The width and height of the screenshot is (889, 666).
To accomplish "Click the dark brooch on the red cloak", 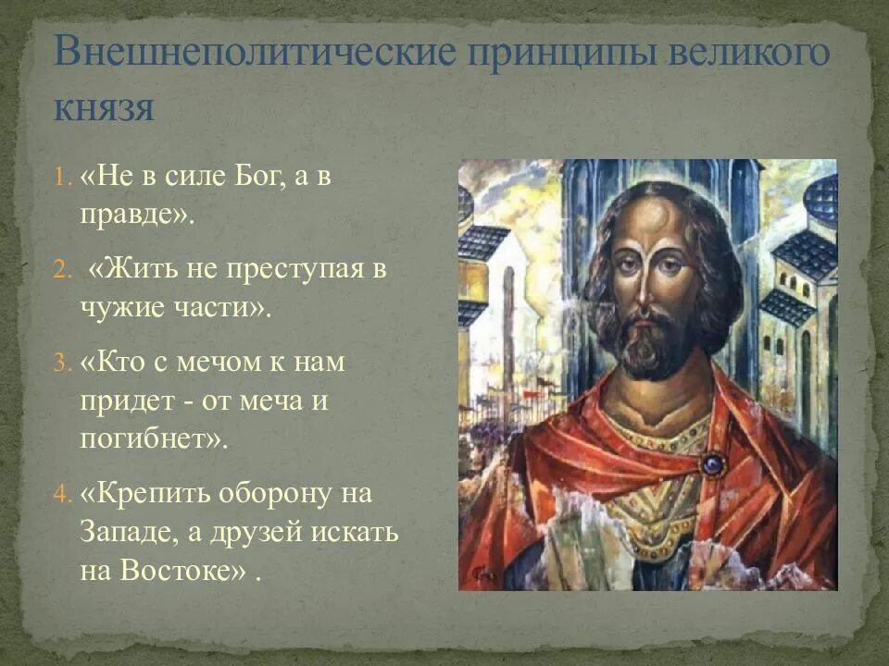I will click(712, 462).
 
